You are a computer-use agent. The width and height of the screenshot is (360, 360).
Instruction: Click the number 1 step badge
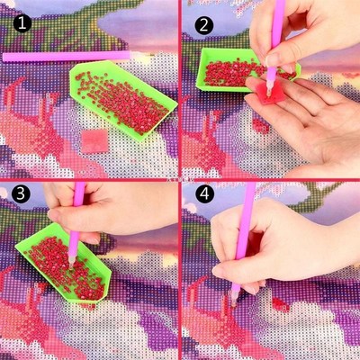click(x=15, y=15)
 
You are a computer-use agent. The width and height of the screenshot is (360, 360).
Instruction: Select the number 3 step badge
click(x=15, y=195)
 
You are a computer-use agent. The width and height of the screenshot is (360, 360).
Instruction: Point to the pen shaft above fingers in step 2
click(x=277, y=13)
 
